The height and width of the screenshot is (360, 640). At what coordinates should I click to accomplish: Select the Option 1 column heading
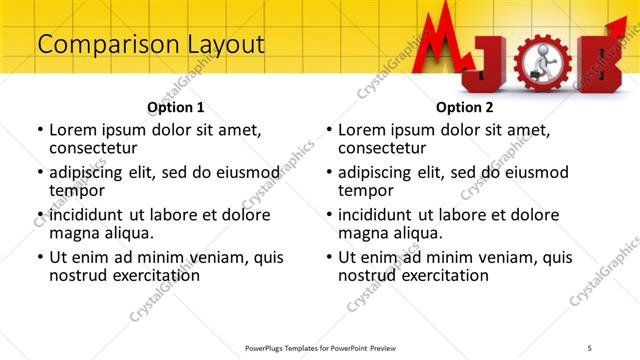[x=176, y=107]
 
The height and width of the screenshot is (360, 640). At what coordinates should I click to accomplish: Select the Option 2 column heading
[x=465, y=107]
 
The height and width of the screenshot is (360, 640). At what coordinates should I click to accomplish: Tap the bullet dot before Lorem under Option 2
[x=329, y=131]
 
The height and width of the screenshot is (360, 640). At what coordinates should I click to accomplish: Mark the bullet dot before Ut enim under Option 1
[x=40, y=257]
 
